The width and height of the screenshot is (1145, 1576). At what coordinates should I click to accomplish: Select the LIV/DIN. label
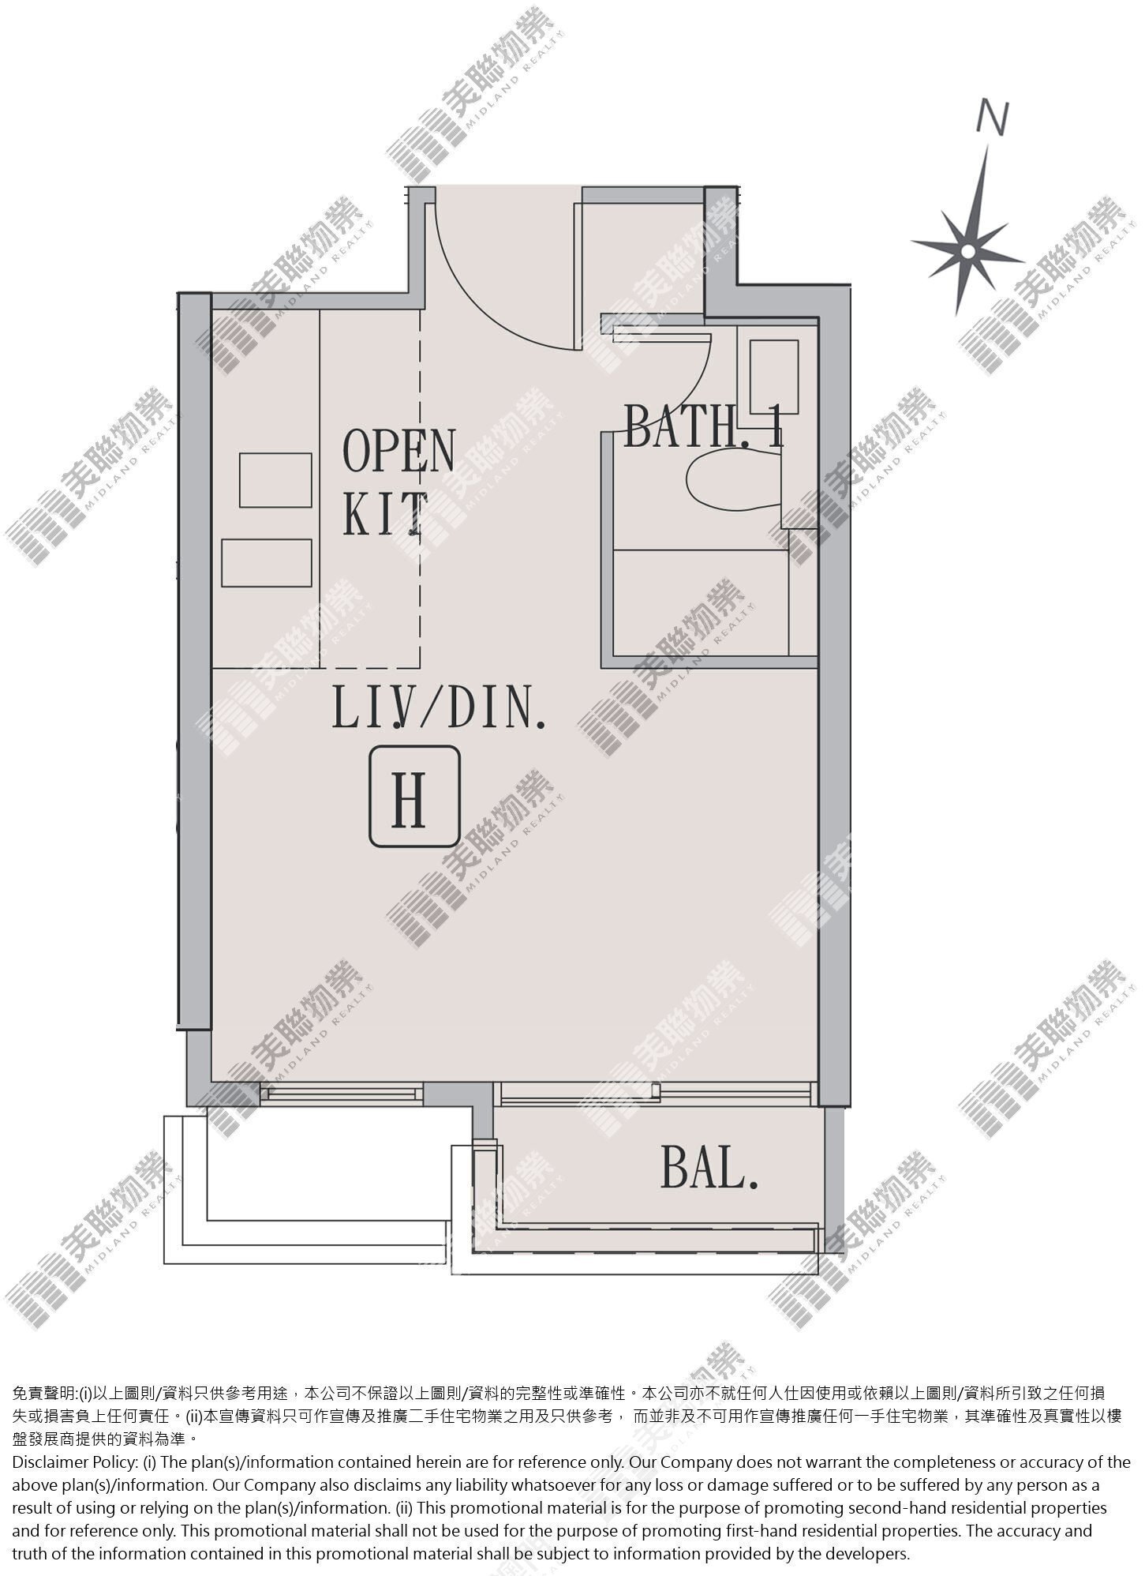(440, 706)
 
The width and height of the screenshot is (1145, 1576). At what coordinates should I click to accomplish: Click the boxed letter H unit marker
(415, 797)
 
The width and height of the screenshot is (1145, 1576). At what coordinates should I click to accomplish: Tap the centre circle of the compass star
(967, 251)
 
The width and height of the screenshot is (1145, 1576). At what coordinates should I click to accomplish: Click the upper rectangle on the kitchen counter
(275, 480)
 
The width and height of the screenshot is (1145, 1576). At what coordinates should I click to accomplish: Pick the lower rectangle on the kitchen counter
(267, 563)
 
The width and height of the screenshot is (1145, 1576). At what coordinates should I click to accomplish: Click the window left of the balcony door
(341, 1093)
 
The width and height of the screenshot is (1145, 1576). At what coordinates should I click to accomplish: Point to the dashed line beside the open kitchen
(420, 490)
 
